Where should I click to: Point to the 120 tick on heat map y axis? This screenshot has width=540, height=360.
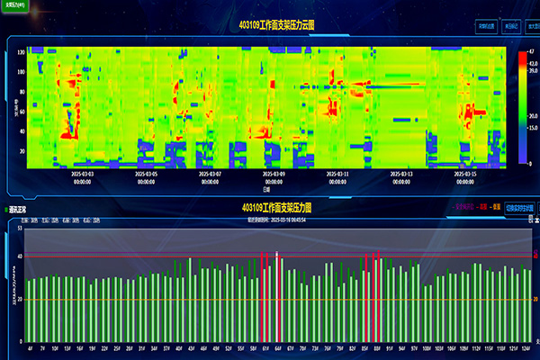21,51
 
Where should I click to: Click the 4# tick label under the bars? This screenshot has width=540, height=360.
31,349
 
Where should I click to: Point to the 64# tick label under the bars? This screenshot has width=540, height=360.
278,349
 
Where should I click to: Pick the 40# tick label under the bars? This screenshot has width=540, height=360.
178,349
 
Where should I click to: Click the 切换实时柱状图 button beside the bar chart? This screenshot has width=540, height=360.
519,207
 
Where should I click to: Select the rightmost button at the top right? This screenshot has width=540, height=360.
517,27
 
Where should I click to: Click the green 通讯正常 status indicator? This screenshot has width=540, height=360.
16,210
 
